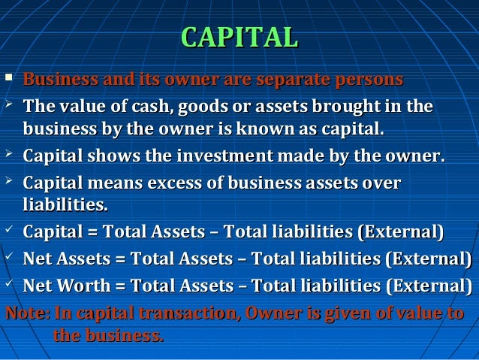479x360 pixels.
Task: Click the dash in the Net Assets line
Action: (241, 260)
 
